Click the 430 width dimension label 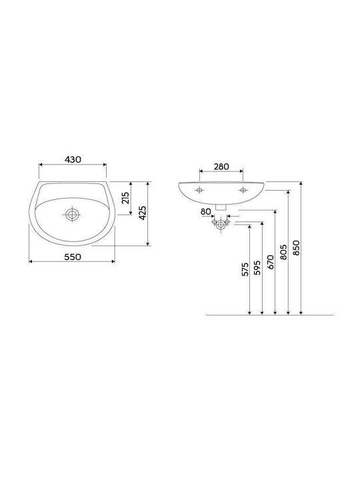[73, 159]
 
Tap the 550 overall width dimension [73, 257]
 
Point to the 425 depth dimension [143, 213]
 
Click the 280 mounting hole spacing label [221, 167]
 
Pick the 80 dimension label [206, 211]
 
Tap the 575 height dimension [245, 269]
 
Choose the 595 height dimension [257, 267]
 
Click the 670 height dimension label [271, 262]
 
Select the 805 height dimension [283, 252]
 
